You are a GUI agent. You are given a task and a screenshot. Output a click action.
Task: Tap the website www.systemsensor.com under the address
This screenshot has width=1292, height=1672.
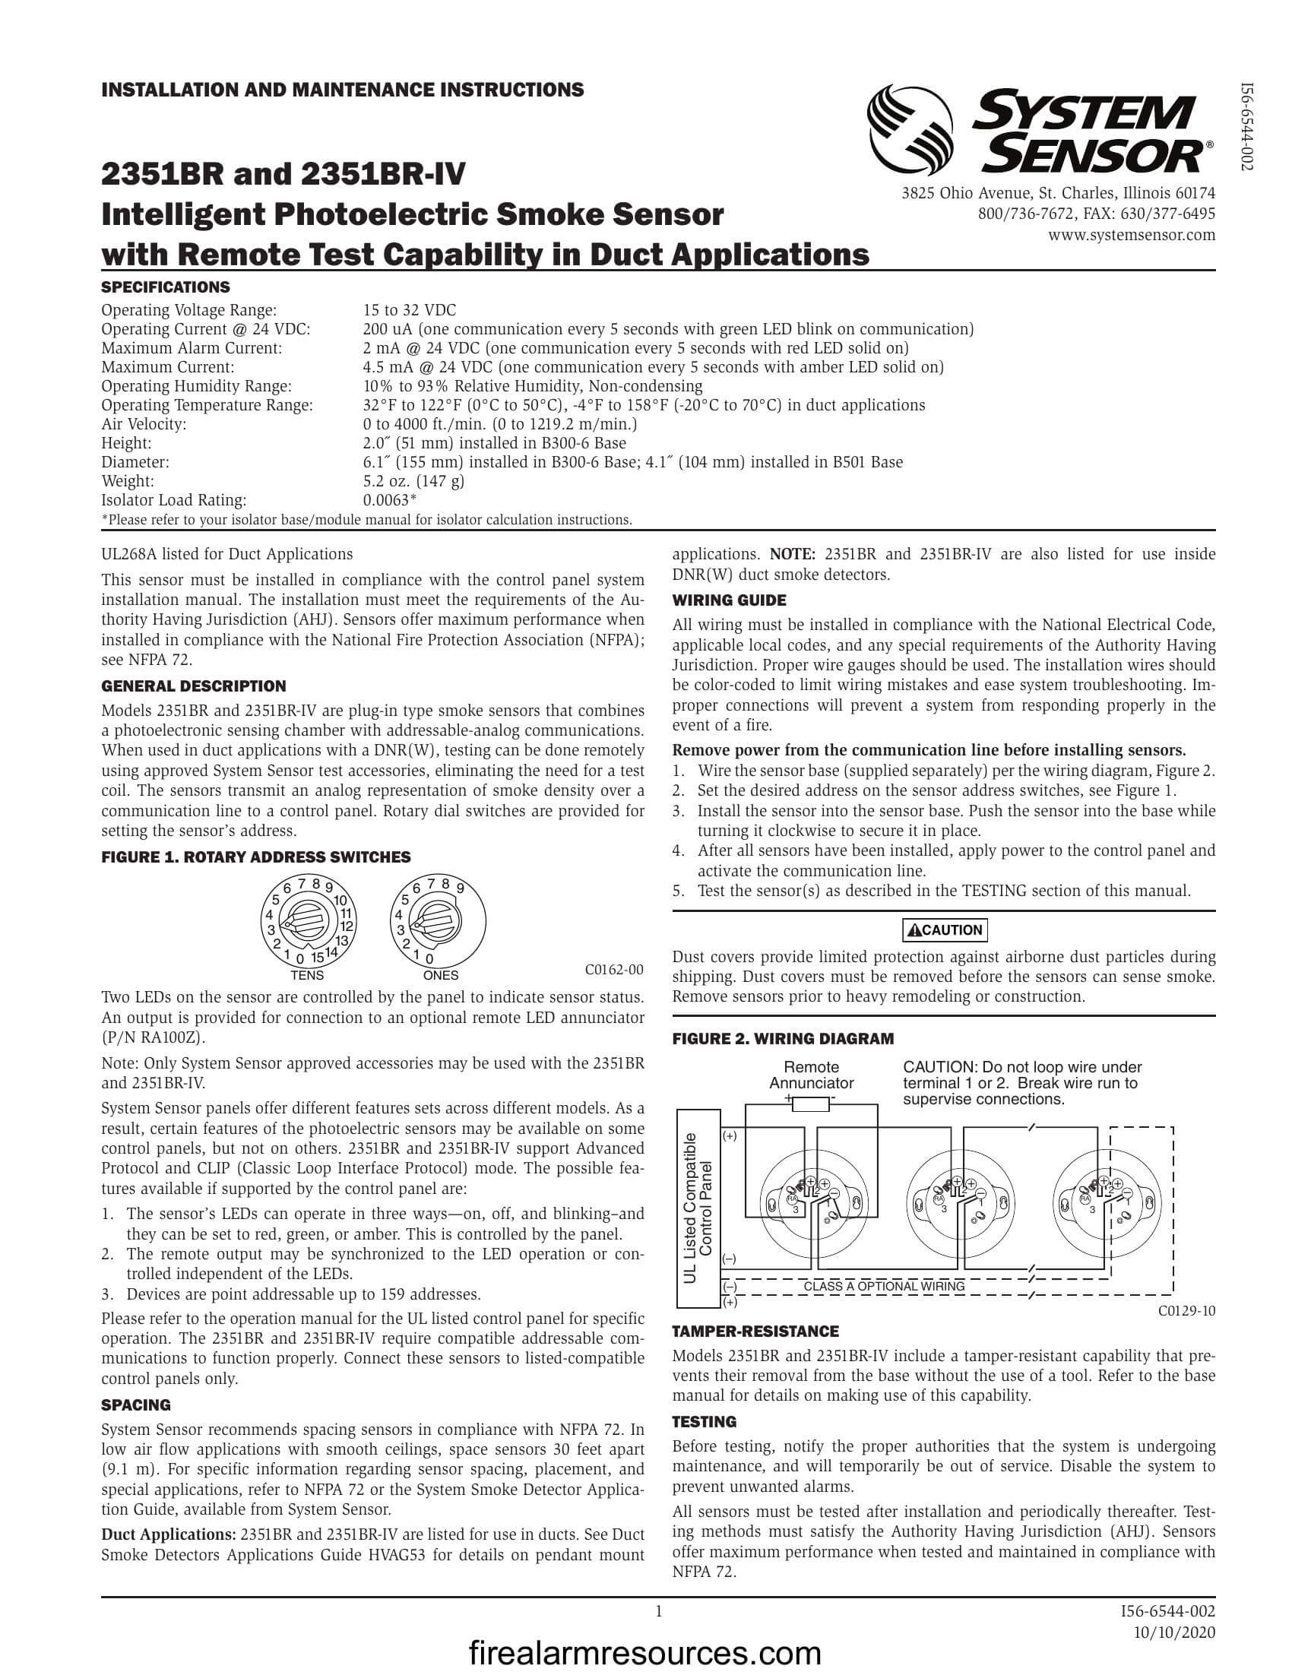(x=1132, y=234)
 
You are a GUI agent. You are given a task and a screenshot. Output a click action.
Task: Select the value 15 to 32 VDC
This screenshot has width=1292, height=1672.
(x=410, y=310)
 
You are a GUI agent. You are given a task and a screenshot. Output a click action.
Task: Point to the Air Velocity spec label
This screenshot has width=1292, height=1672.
(x=144, y=424)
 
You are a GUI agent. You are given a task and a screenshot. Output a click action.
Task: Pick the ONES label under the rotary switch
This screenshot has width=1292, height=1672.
(x=440, y=975)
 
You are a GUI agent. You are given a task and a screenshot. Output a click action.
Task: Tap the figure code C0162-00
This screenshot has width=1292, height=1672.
(x=614, y=970)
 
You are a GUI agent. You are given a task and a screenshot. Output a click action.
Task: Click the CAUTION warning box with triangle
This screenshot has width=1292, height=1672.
(x=945, y=930)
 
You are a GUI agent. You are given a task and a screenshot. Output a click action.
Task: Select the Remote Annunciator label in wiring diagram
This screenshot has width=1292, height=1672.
(x=811, y=1075)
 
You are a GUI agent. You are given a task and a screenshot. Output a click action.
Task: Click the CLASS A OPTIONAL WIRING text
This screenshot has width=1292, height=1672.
(x=883, y=1286)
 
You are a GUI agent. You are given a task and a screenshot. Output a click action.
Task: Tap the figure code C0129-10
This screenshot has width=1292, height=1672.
(x=1186, y=1311)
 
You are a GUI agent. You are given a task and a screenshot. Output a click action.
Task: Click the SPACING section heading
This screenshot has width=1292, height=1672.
(x=135, y=1405)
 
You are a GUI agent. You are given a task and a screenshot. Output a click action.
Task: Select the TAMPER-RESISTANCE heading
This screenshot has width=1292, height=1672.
(x=755, y=1332)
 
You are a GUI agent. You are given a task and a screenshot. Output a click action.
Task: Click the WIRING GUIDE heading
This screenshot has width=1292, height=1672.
(x=729, y=600)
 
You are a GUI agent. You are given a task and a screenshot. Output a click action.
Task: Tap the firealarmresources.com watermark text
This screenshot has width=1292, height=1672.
(x=644, y=1654)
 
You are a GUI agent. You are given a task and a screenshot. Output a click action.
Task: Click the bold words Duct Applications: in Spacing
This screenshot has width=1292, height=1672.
(x=169, y=1535)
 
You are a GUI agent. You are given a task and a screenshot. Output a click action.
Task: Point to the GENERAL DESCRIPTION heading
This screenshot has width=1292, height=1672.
(x=194, y=686)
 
